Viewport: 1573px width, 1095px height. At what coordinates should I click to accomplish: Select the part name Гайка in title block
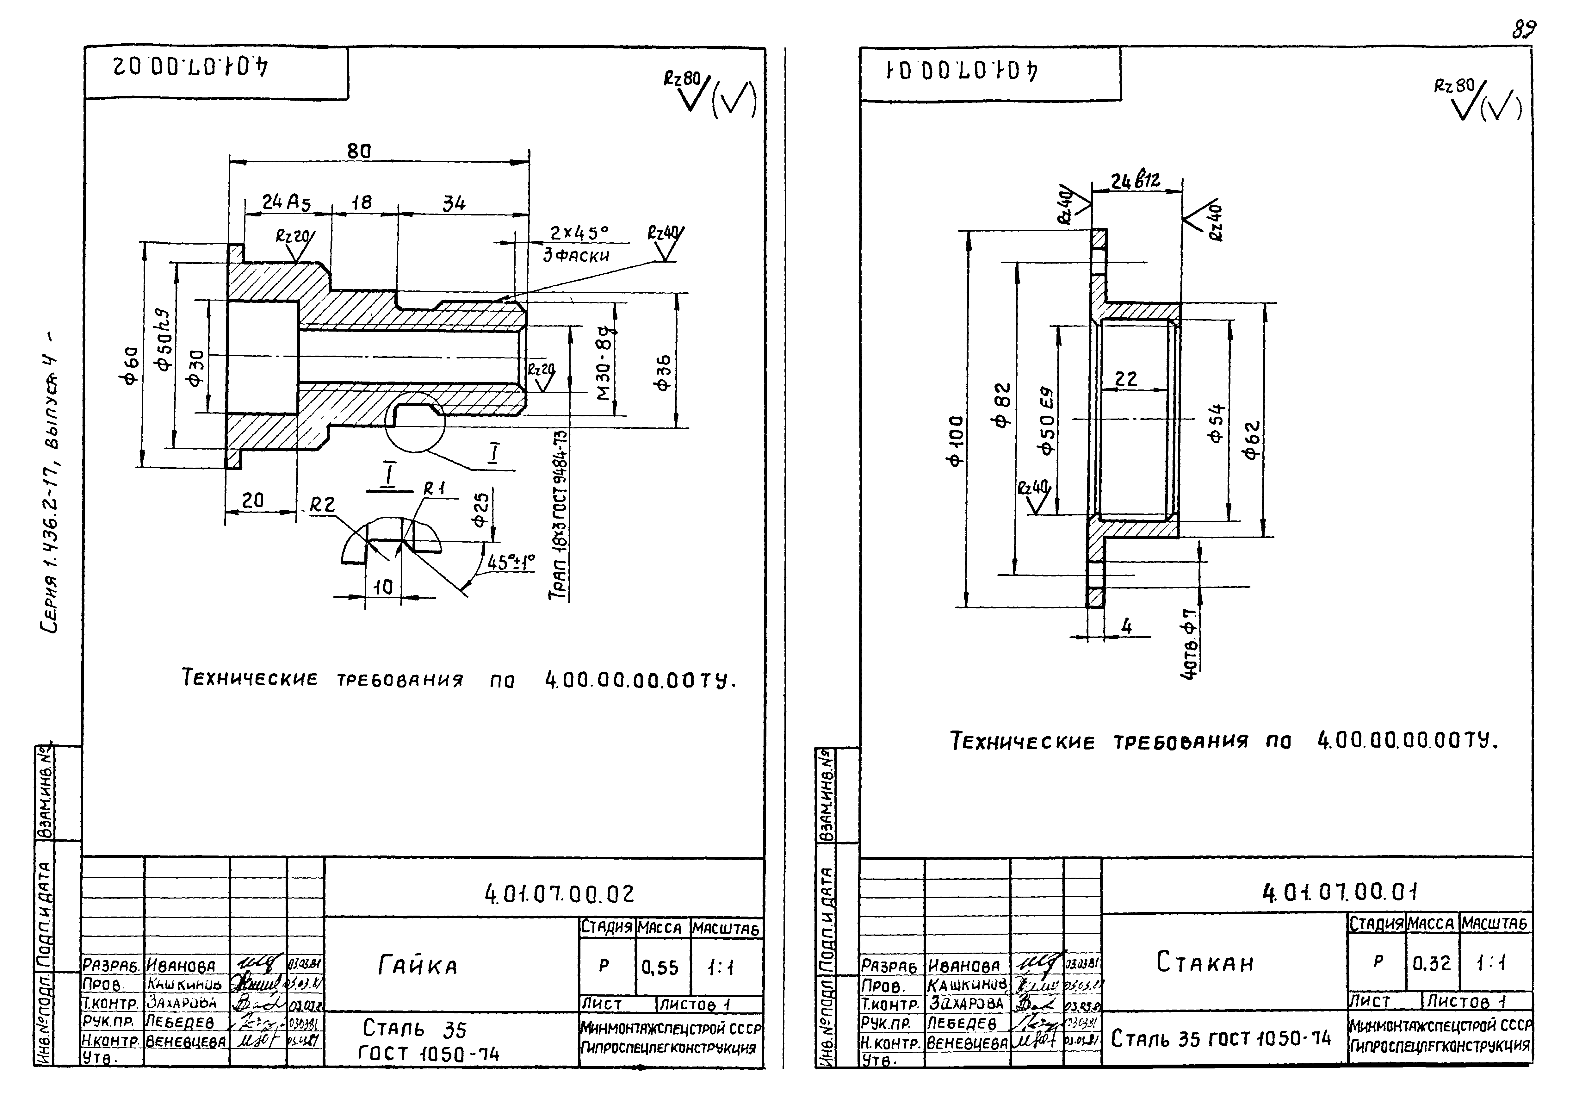(417, 966)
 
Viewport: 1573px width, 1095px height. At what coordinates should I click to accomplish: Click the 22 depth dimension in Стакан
(1126, 379)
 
